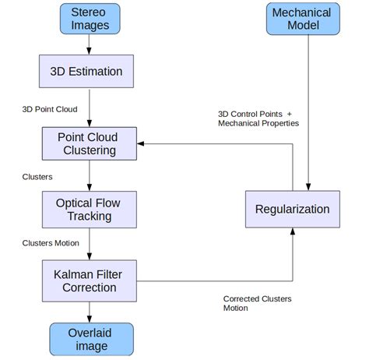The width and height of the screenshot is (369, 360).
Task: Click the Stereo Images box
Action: pos(90,19)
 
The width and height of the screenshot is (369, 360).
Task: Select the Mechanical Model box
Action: pos(301,19)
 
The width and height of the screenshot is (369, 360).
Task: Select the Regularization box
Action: pos(293,209)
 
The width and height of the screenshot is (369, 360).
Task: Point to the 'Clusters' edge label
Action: pos(37,177)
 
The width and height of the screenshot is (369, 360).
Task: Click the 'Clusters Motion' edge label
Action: pos(51,243)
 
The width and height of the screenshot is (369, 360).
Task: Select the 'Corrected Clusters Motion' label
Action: pos(258,303)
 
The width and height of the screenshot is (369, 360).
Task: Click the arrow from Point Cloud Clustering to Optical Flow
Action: pos(90,176)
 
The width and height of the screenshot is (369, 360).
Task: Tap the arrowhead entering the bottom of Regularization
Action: pos(293,232)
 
